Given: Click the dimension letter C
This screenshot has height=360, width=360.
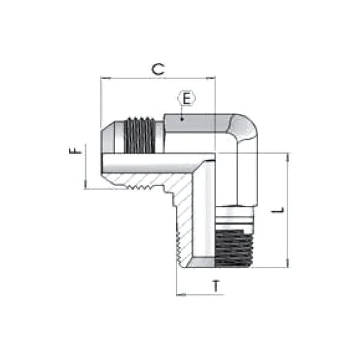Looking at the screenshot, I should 157,68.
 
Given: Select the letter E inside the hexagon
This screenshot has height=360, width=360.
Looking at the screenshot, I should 187,99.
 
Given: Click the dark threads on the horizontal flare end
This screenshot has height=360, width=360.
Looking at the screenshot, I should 144,135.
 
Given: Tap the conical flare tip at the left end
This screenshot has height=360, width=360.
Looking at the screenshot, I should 109,137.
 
